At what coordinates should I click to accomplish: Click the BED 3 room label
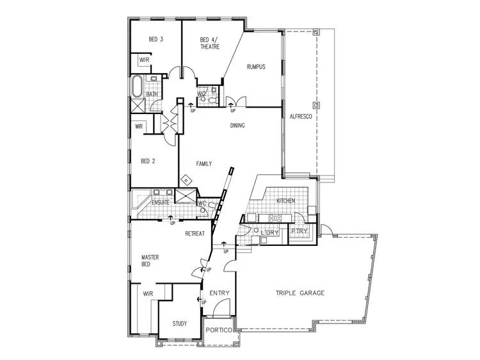[x=156, y=40]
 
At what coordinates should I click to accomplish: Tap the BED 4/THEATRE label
[x=209, y=43]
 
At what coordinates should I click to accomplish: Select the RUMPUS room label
[x=256, y=67]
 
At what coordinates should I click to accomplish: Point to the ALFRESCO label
[x=300, y=117]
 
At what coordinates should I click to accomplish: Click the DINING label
[x=237, y=126]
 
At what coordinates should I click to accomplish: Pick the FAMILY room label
[x=204, y=163]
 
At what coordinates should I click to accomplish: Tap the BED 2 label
[x=148, y=161]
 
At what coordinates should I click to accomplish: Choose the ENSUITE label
[x=160, y=203]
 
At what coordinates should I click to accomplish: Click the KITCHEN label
[x=285, y=201]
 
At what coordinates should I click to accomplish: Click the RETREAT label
[x=195, y=234]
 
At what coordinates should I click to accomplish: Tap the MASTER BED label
[x=150, y=261]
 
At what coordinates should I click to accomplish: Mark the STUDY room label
[x=180, y=323]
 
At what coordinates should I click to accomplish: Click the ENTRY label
[x=220, y=293]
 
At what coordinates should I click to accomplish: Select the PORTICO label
[x=219, y=331]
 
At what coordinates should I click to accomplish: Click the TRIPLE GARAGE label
[x=300, y=293]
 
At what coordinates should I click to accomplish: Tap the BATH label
[x=152, y=95]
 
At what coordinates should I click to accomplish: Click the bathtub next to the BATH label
[x=138, y=86]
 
